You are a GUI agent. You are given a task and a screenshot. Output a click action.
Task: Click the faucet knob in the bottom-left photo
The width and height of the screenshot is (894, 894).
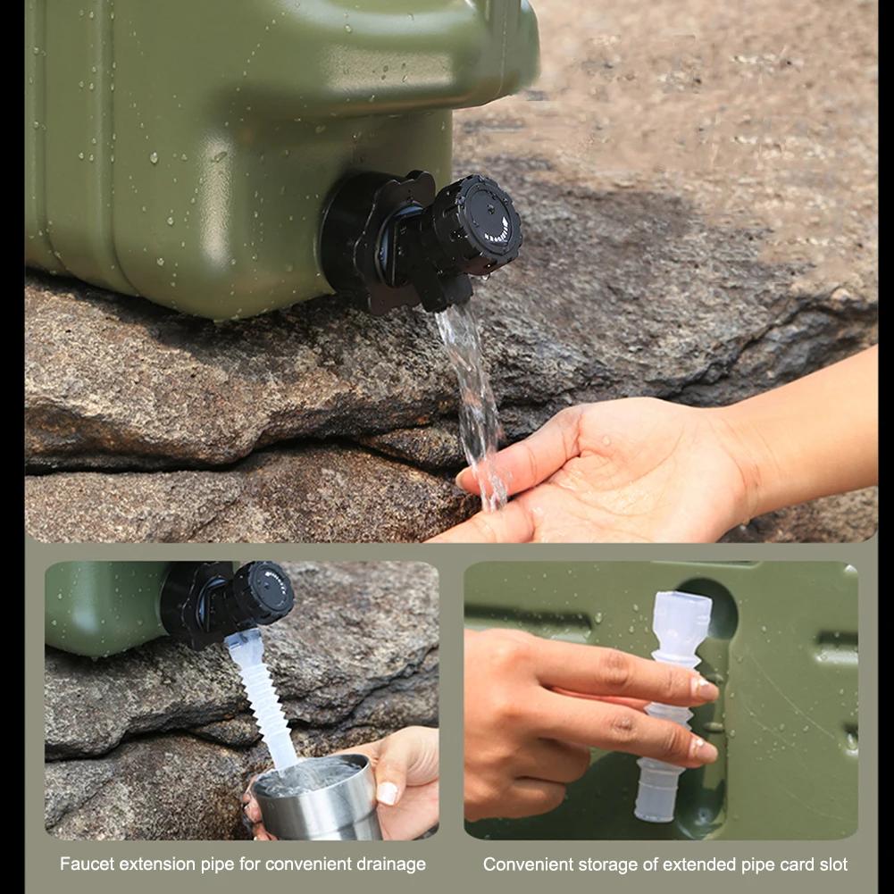264,592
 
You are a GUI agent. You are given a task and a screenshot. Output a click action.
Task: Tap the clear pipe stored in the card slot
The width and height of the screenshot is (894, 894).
674,706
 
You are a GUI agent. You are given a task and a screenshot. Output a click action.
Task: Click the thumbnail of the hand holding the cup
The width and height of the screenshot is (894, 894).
388,792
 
